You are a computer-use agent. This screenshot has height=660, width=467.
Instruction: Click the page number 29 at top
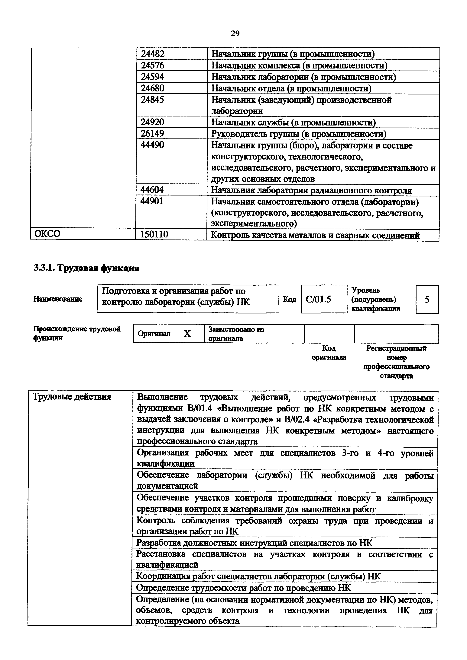(x=235, y=34)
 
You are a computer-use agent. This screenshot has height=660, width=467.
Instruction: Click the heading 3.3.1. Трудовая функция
(x=86, y=268)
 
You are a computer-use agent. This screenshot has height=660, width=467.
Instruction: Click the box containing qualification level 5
(x=427, y=300)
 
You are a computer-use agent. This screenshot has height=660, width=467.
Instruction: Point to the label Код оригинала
(x=329, y=353)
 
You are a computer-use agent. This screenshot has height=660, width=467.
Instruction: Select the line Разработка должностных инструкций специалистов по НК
(x=254, y=543)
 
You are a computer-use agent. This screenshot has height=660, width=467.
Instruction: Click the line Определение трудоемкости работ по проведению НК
(x=243, y=588)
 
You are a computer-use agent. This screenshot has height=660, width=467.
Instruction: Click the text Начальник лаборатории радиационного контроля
(x=311, y=190)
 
